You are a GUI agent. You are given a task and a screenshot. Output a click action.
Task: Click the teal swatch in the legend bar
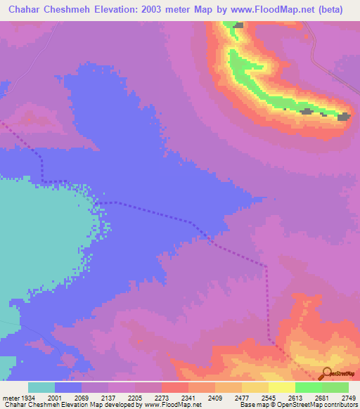point(41,388)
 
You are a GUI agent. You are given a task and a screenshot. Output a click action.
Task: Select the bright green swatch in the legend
point(308,388)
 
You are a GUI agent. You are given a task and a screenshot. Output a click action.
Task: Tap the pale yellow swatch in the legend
point(281,388)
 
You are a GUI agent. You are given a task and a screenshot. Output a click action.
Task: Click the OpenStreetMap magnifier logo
point(326,373)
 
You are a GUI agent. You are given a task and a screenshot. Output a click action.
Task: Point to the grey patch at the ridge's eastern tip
point(344,117)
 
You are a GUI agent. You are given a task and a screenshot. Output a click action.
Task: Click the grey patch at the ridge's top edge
point(239,25)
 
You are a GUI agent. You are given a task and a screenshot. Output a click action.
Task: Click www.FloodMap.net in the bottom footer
point(172,405)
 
